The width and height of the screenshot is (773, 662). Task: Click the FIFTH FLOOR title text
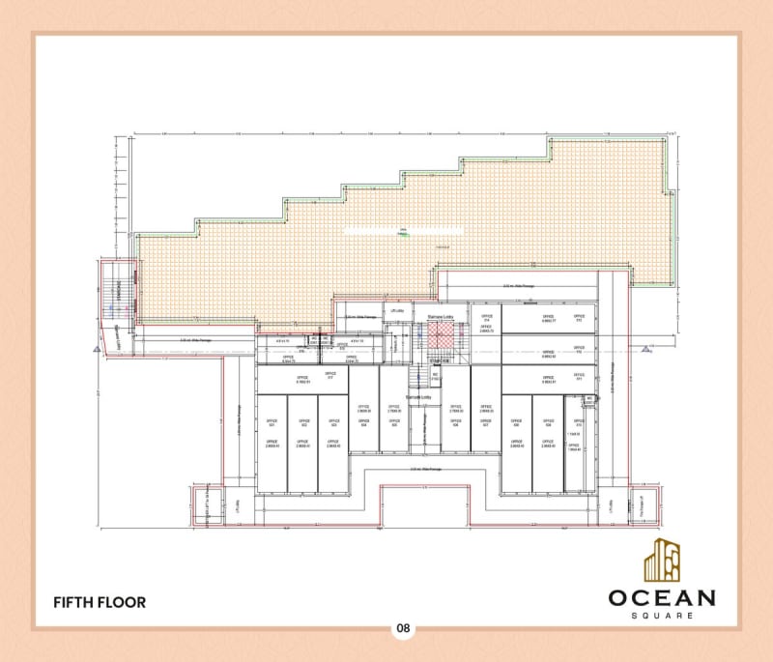tap(100, 602)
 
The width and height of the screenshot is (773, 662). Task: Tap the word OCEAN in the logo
tap(661, 597)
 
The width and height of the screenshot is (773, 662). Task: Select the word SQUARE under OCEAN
tap(661, 616)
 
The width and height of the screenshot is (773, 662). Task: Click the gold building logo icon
tap(662, 559)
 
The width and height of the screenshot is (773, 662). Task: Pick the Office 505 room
tap(393, 416)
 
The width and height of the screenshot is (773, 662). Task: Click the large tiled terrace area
tap(406, 232)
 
